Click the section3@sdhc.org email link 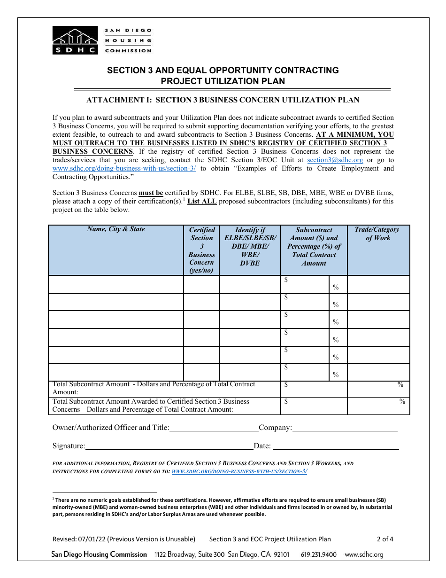(335, 160)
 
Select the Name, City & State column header (116, 229)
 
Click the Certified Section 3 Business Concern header (201, 250)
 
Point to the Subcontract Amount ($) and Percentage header (314, 246)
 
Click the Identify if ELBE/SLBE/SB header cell (250, 246)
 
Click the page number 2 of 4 (385, 539)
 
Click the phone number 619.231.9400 (318, 555)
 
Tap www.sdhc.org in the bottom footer (364, 555)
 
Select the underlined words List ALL (202, 201)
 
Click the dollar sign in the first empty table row (286, 280)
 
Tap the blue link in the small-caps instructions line (239, 471)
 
